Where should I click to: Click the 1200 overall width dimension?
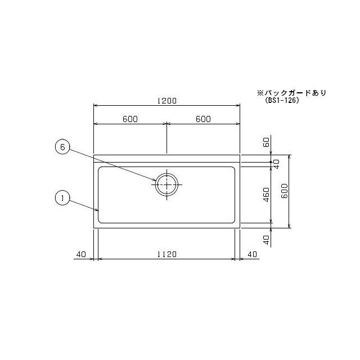[x=167, y=101]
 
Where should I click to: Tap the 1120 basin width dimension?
[x=167, y=254]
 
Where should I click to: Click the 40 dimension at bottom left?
[x=80, y=254]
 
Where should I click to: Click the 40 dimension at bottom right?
[x=252, y=254]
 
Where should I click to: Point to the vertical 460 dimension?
[x=267, y=194]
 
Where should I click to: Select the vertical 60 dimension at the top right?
[x=267, y=143]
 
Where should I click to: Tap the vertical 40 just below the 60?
[x=276, y=163]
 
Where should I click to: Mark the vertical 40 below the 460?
[x=267, y=238]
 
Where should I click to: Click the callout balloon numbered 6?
[x=63, y=147]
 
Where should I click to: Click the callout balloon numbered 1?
[x=63, y=198]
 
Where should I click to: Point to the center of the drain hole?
[x=167, y=184]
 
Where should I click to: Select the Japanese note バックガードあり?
[x=295, y=93]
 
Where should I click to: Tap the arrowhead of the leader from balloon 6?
[x=158, y=181]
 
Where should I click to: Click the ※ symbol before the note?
[x=260, y=93]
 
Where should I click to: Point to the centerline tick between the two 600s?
[x=167, y=138]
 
